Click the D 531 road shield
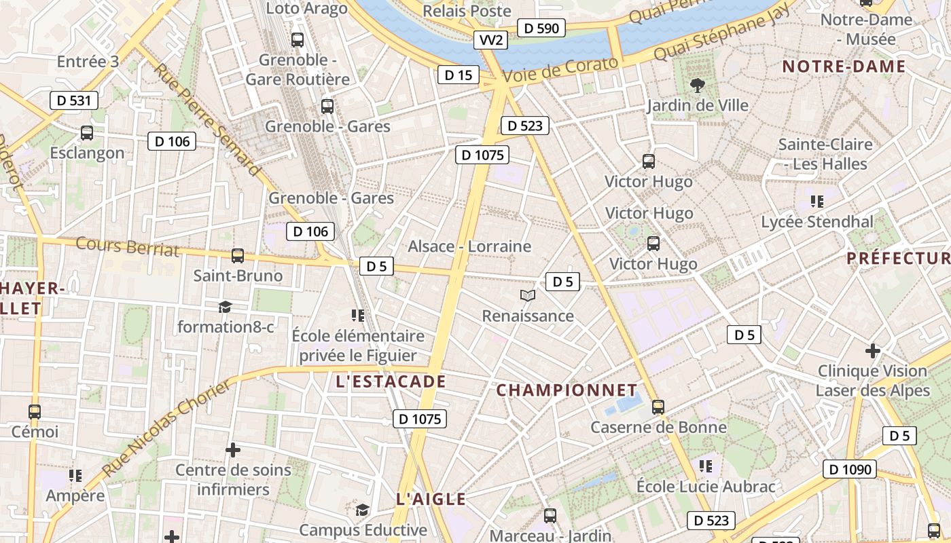coord(74,100)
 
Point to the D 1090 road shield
coord(850,469)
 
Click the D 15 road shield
coord(458,75)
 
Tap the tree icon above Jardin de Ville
coord(697,86)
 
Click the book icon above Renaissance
coord(528,295)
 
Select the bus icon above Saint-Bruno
coord(238,256)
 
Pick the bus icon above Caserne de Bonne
coord(658,407)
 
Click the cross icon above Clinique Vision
coord(873,351)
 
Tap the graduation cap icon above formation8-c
coord(226,307)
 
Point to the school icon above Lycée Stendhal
coord(817,202)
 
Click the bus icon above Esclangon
coord(87,133)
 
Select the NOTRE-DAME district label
coord(844,67)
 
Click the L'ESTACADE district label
coord(391,382)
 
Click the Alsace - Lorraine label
coord(469,246)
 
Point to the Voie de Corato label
coord(560,70)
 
